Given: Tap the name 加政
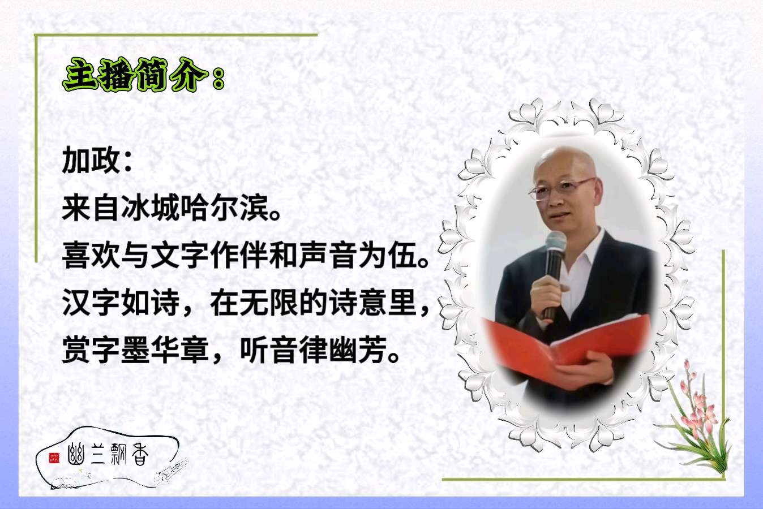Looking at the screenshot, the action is tap(91, 159).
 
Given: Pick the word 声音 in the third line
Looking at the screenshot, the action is tap(328, 255).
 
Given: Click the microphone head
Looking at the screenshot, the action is tap(556, 243).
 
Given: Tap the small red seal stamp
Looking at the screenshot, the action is tap(54, 458).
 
